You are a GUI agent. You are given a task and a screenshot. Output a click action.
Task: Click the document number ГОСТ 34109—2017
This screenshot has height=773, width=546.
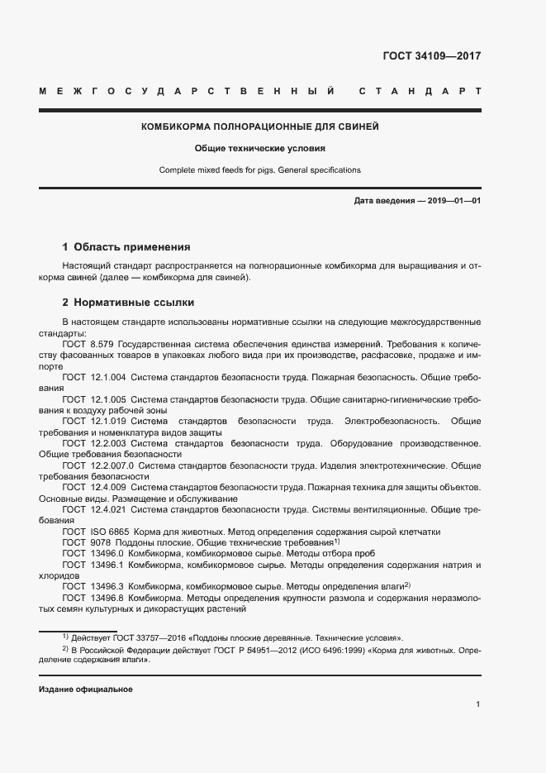(x=432, y=57)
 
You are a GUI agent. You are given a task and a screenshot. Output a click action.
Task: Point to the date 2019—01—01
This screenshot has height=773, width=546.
(x=451, y=201)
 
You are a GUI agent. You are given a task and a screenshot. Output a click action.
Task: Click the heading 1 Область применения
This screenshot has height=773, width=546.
(x=126, y=246)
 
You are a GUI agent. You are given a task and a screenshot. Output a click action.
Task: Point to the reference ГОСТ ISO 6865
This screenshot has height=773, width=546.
(x=95, y=532)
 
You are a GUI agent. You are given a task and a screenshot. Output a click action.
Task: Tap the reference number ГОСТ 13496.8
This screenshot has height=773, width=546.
(x=93, y=598)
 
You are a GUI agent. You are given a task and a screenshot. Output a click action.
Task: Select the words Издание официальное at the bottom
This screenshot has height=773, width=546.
(x=86, y=689)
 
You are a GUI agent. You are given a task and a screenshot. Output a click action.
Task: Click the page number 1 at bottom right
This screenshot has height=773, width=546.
(x=478, y=704)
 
